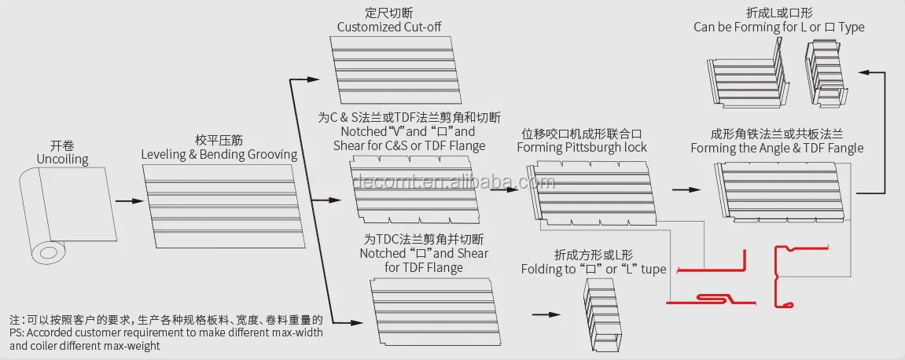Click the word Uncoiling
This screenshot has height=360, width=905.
point(62,160)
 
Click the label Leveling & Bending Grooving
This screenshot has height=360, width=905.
point(219,155)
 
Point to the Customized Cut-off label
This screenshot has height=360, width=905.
point(388,27)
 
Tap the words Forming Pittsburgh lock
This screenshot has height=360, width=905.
point(582,147)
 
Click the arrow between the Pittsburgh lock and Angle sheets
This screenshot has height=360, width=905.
point(686,190)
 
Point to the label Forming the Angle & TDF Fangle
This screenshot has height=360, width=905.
point(777,148)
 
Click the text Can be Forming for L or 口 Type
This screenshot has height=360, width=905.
point(778,27)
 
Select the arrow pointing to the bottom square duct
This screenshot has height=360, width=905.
point(542,314)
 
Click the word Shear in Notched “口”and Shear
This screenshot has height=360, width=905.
point(471,253)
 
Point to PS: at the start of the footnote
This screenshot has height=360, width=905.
point(18,332)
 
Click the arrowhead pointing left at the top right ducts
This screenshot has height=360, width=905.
point(863,72)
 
